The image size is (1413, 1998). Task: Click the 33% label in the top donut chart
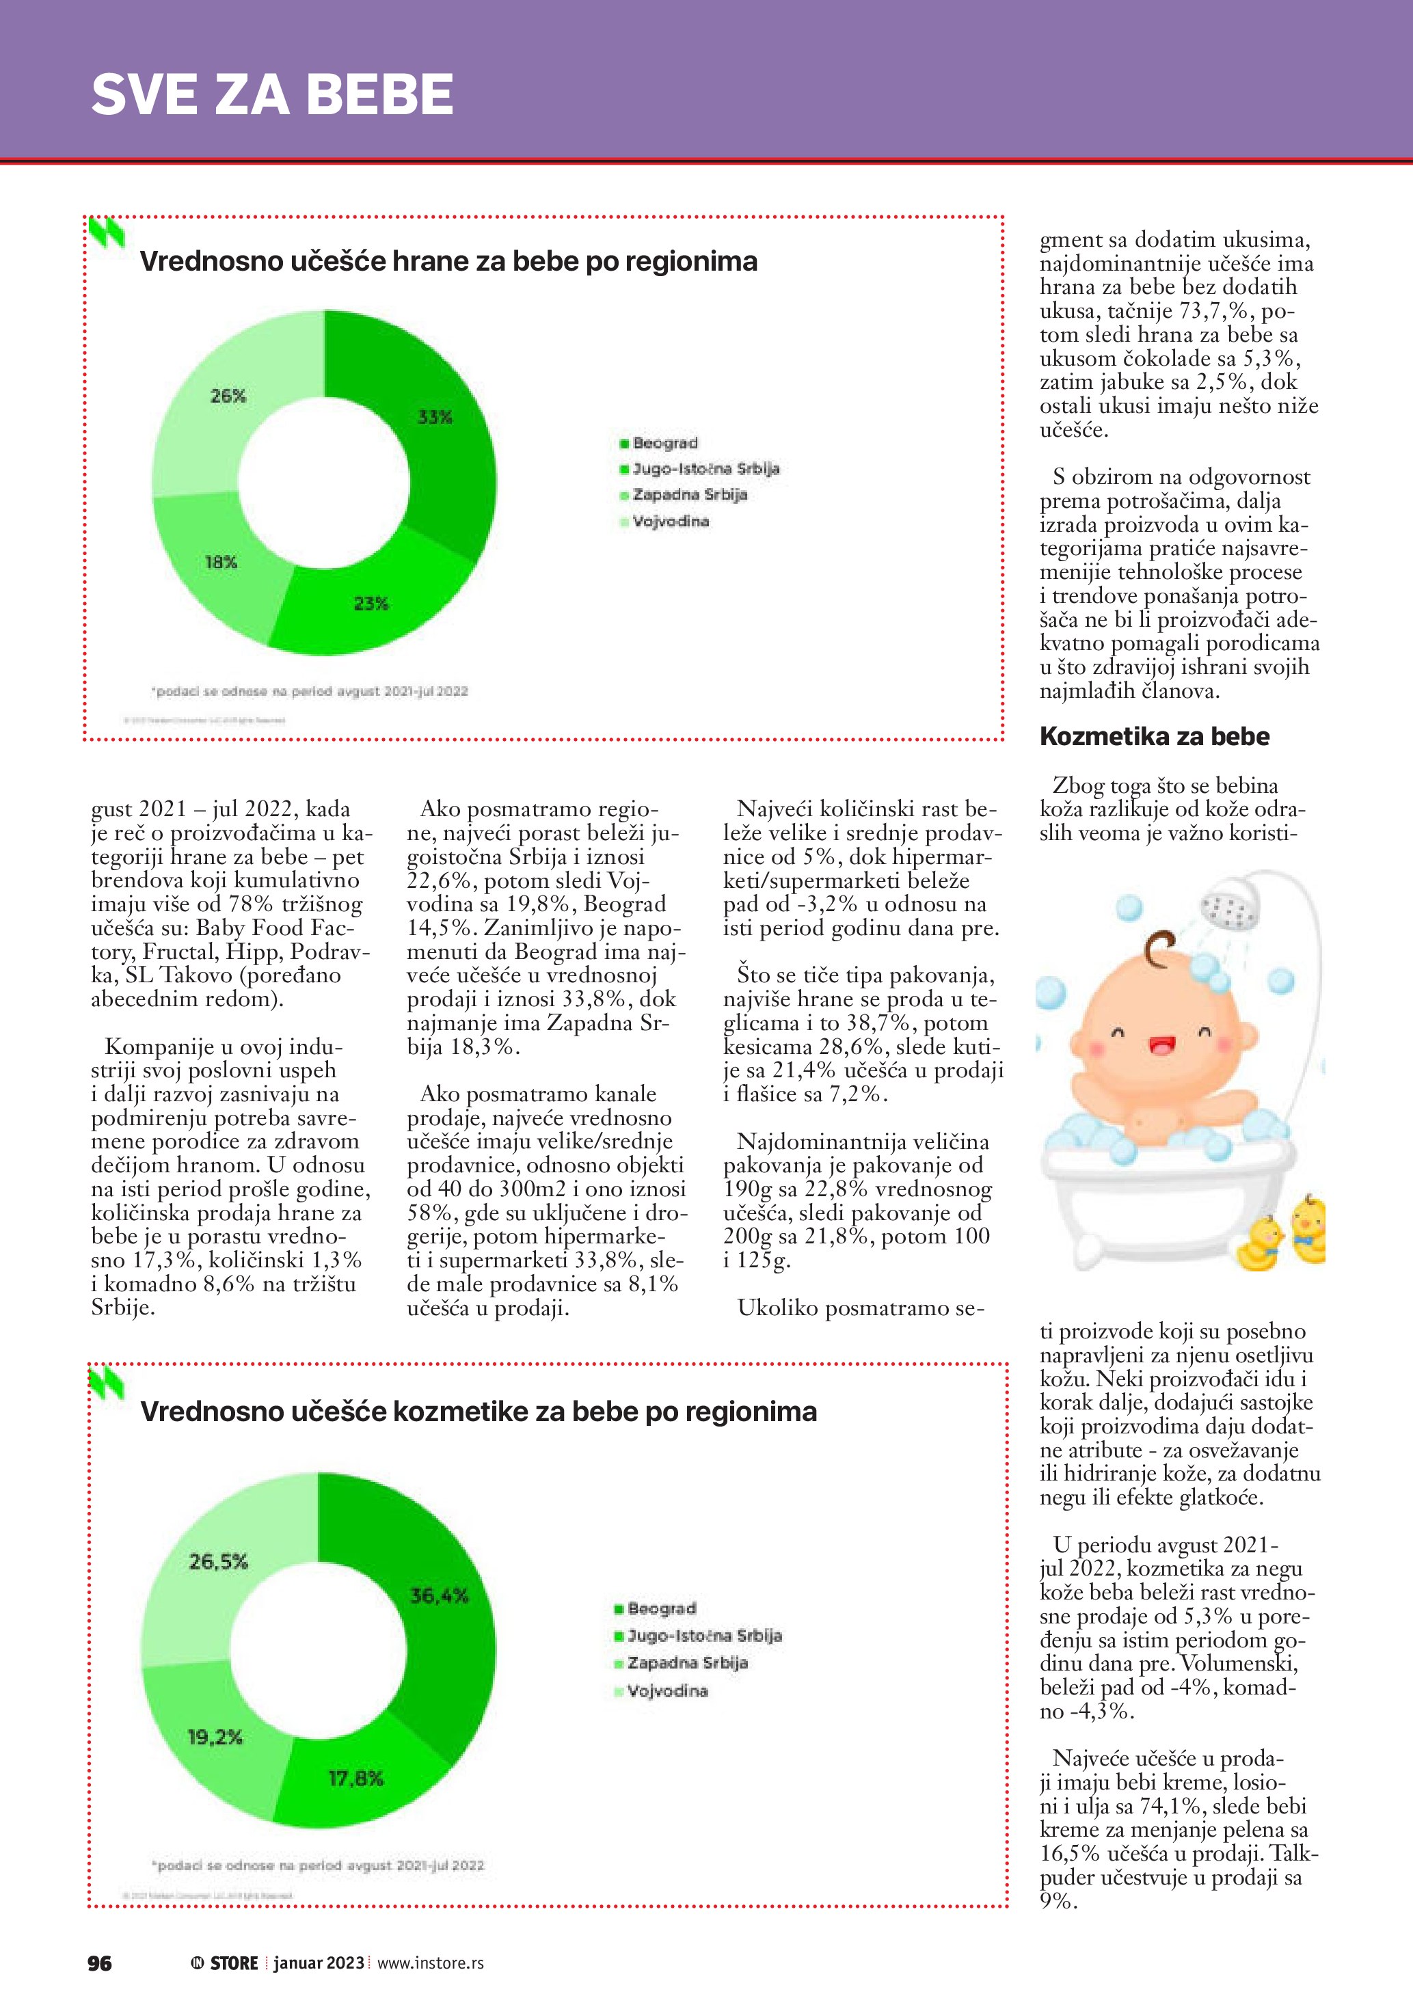click(434, 417)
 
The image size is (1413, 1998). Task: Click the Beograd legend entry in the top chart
click(664, 443)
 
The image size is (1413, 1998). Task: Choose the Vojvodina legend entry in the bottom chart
click(667, 1691)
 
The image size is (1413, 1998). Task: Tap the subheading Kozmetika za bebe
click(1154, 736)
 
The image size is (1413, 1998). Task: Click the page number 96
click(99, 1962)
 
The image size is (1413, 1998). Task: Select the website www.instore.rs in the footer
click(431, 1962)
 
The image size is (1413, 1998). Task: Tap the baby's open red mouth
click(1161, 1044)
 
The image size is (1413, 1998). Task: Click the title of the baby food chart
click(448, 261)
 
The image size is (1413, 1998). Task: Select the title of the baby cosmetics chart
click(479, 1411)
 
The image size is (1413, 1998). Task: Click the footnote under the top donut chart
click(310, 691)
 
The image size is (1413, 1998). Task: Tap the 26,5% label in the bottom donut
click(218, 1561)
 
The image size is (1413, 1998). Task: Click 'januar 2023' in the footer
click(319, 1962)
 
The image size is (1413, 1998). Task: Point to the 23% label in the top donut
click(371, 603)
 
